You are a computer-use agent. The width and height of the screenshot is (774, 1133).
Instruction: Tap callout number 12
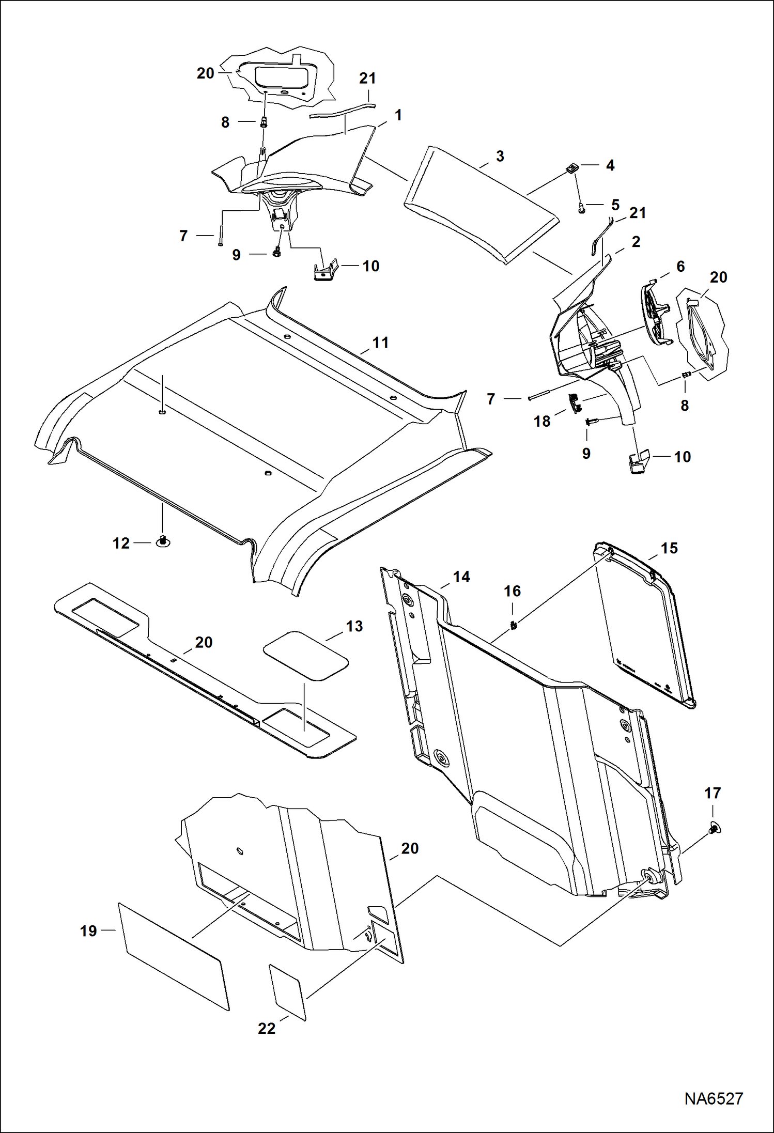pyautogui.click(x=121, y=544)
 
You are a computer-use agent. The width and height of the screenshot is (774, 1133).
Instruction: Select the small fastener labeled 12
pyautogui.click(x=163, y=542)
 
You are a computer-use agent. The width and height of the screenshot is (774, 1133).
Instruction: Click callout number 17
pyautogui.click(x=713, y=793)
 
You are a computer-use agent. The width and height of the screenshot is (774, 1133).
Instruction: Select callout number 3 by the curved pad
pyautogui.click(x=500, y=157)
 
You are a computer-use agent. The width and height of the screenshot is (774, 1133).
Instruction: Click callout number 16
pyautogui.click(x=512, y=591)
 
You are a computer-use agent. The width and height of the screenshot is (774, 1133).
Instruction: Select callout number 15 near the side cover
pyautogui.click(x=669, y=548)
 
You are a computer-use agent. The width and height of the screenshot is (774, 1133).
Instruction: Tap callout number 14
pyautogui.click(x=461, y=577)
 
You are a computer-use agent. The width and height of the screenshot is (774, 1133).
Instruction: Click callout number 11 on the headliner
pyautogui.click(x=380, y=343)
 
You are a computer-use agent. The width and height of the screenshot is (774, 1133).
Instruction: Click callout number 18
pyautogui.click(x=541, y=422)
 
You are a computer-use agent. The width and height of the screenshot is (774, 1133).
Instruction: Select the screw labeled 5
pyautogui.click(x=582, y=209)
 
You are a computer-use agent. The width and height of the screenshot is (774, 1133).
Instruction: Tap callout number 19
pyautogui.click(x=88, y=931)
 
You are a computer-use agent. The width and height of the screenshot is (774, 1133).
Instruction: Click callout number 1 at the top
pyautogui.click(x=398, y=115)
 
